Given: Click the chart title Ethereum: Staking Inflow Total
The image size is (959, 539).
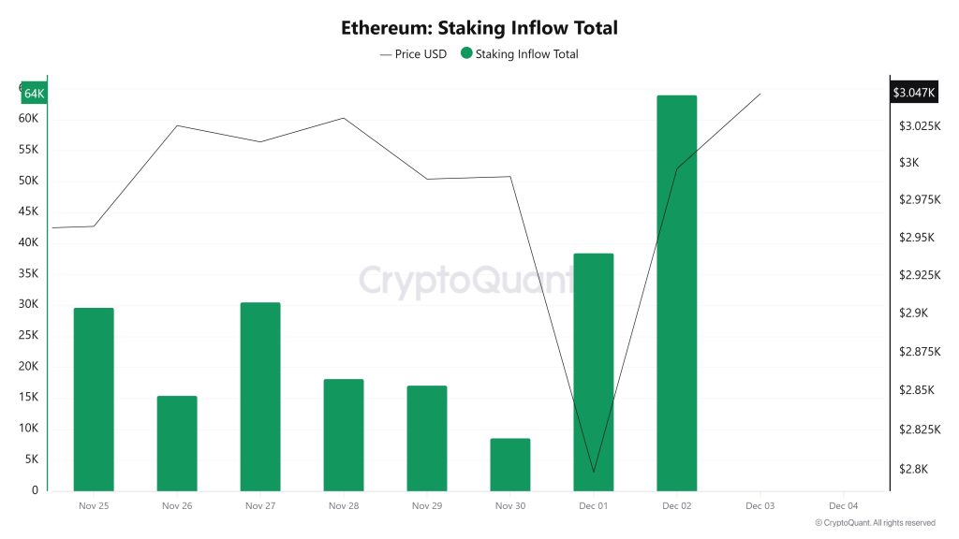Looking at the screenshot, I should [479, 28].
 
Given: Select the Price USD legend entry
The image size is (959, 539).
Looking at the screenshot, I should [413, 54].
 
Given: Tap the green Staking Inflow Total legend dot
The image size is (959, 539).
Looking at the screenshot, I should [466, 53].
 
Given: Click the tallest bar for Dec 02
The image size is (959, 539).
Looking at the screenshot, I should [676, 293].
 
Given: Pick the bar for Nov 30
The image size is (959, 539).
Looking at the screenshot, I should [510, 464].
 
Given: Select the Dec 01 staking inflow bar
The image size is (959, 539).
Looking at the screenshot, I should [593, 371].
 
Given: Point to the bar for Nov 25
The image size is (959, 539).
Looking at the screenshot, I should [94, 399].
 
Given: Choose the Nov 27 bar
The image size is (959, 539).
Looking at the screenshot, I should [260, 396].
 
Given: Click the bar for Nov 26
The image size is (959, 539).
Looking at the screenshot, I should [177, 443].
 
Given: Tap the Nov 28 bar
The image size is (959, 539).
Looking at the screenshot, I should [344, 434].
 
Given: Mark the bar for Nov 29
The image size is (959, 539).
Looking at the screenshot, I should [427, 438].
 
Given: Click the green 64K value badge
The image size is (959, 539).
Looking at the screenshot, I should [34, 94].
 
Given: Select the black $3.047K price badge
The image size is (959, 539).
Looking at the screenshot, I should [913, 93].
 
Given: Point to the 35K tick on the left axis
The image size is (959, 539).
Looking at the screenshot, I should [28, 273].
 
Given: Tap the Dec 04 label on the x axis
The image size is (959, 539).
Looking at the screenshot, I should [843, 505].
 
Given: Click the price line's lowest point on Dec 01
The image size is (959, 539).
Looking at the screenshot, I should [594, 473].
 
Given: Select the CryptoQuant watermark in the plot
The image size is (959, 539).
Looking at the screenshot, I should [466, 279].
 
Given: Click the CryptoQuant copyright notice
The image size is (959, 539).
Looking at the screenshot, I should [875, 523].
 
